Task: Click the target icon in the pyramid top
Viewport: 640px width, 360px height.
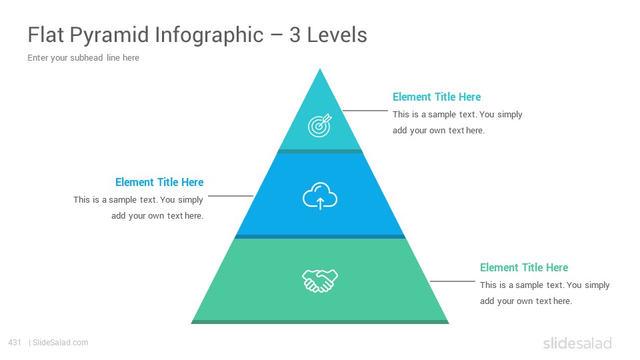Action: tap(319, 125)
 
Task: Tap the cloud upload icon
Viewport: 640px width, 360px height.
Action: tap(320, 196)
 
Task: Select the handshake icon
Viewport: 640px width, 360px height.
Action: tap(320, 281)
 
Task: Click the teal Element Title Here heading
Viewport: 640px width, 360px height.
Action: tap(437, 97)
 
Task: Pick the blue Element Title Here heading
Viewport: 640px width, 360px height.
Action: tap(159, 182)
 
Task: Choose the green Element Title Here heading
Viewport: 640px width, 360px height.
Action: tap(524, 267)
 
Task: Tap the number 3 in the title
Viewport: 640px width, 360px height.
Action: tap(295, 35)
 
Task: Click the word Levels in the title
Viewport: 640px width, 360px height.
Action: tap(337, 35)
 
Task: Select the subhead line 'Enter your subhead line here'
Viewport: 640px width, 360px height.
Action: tap(83, 58)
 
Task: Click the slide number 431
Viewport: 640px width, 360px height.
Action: tap(15, 343)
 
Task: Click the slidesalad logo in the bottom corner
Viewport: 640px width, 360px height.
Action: tap(577, 343)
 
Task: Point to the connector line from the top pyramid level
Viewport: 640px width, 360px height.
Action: tap(365, 110)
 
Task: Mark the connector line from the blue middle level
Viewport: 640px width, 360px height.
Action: tap(231, 196)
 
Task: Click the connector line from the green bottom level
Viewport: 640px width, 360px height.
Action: tap(452, 281)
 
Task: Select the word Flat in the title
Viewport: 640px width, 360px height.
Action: tap(45, 35)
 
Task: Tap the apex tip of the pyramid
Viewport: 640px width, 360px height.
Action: tap(320, 69)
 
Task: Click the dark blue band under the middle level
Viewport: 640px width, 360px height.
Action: tap(320, 237)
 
